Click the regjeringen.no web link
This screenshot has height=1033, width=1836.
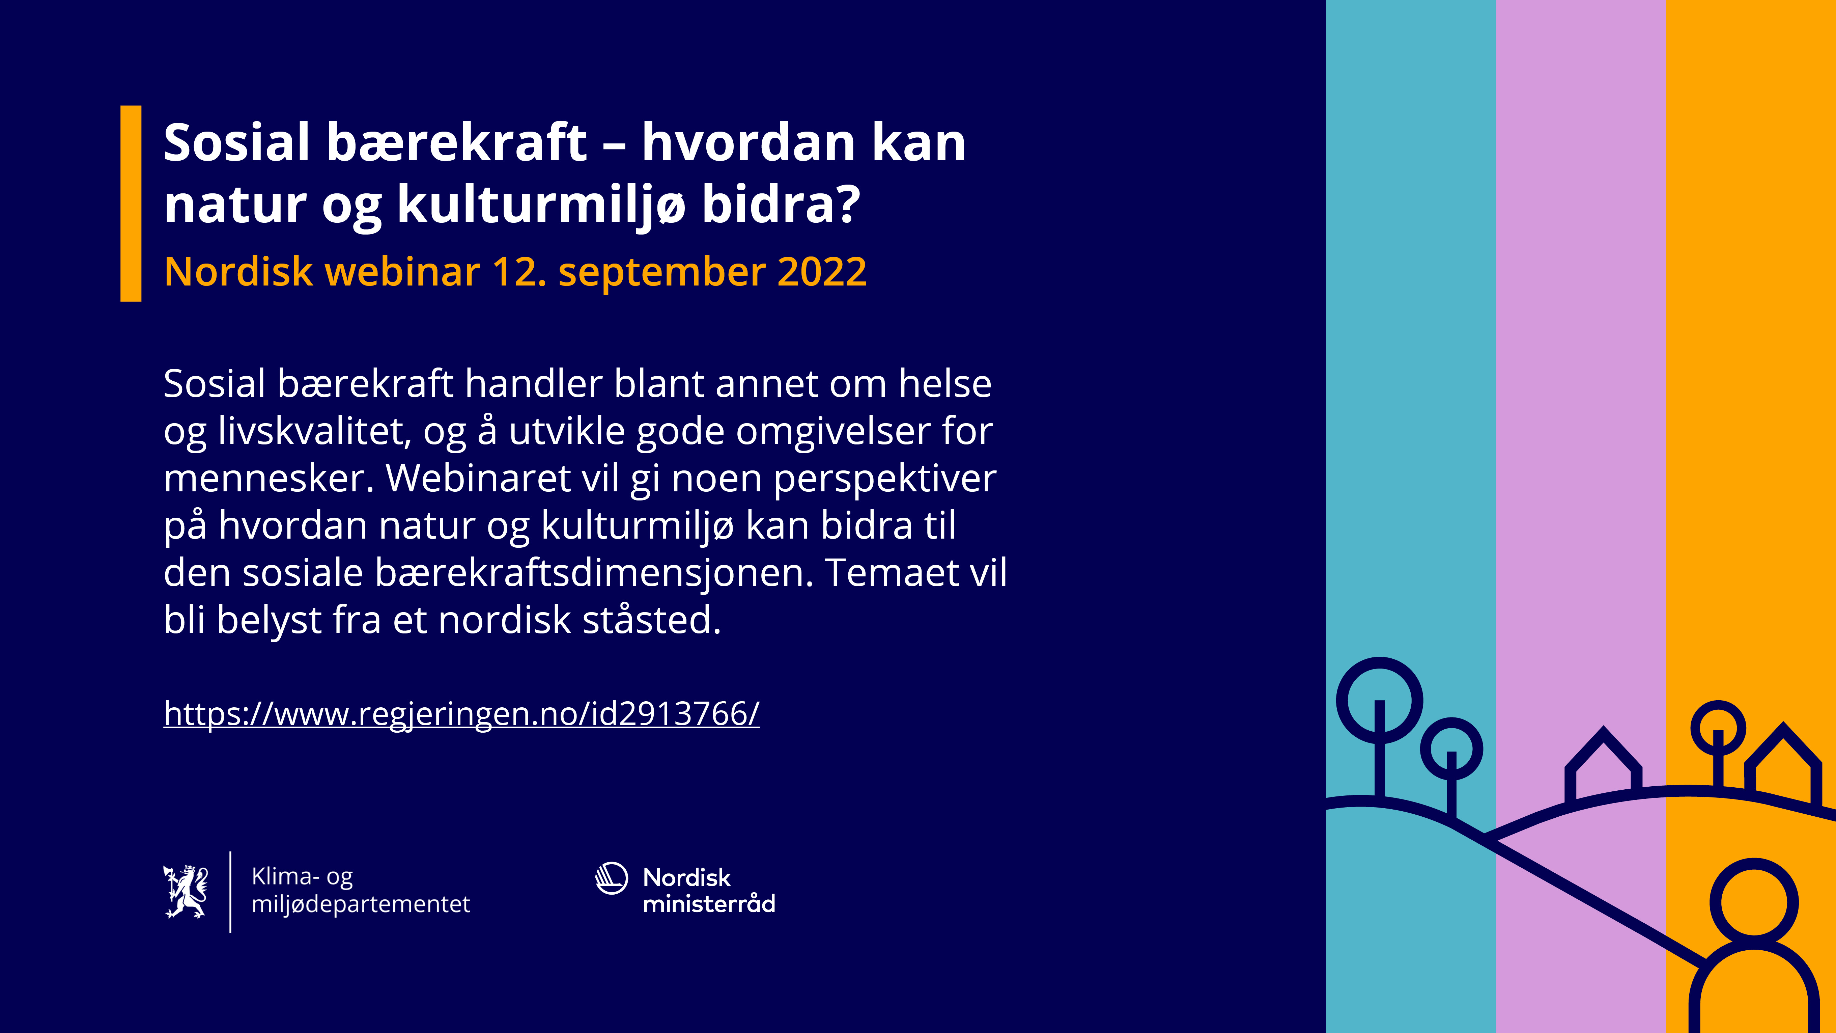point(461,714)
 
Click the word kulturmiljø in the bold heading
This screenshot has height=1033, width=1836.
point(541,205)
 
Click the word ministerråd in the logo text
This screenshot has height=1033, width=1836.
point(708,904)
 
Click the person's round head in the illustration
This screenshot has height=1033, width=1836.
point(1754,902)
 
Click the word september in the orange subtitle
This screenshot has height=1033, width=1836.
point(661,272)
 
